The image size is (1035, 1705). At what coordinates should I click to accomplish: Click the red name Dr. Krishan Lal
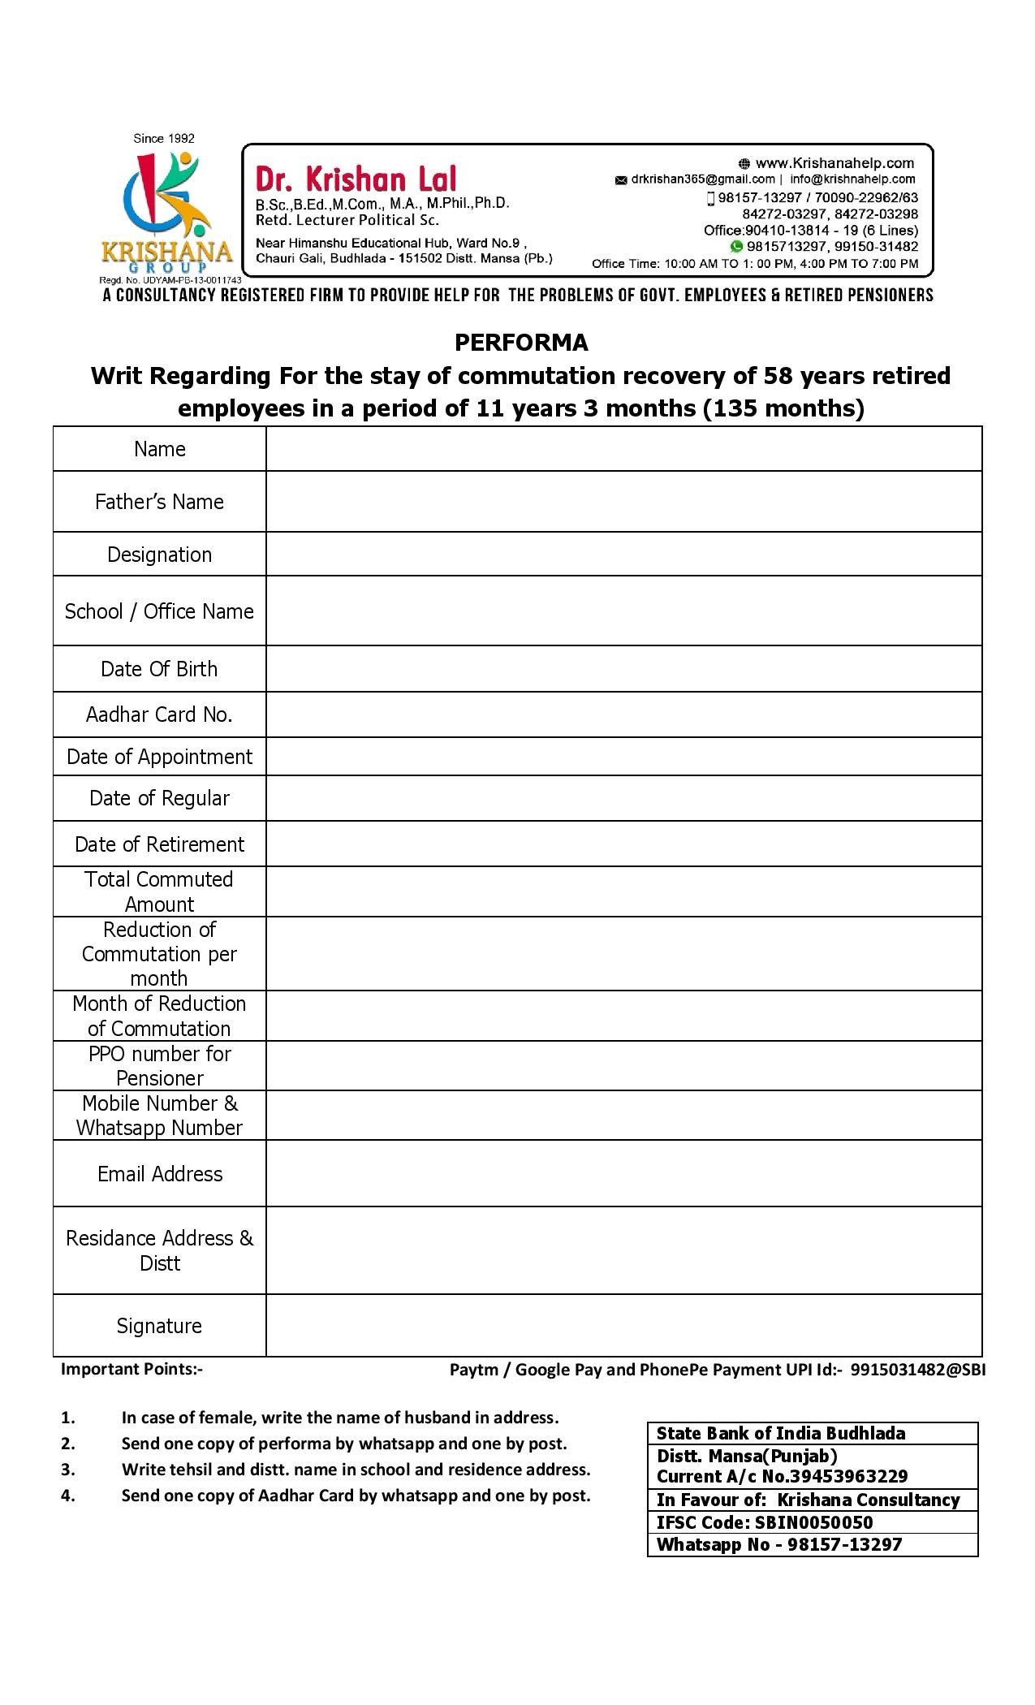click(x=356, y=179)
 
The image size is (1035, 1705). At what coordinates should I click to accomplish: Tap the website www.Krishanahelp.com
click(x=834, y=163)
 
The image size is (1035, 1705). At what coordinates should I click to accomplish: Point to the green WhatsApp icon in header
click(x=736, y=247)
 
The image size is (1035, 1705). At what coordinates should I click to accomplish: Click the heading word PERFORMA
click(x=521, y=343)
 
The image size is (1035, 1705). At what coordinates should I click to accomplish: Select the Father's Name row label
click(x=159, y=502)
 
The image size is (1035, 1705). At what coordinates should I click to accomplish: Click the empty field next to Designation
click(x=623, y=555)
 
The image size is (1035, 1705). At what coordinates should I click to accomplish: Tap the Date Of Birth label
click(x=159, y=669)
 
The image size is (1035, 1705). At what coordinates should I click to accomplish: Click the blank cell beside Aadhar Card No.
click(x=623, y=714)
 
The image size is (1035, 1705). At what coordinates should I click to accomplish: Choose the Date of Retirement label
click(x=159, y=844)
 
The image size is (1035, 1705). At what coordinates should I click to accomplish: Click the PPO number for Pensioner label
click(x=159, y=1065)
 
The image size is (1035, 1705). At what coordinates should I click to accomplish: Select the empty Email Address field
click(x=623, y=1173)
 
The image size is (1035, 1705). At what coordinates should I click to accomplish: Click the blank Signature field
click(x=623, y=1325)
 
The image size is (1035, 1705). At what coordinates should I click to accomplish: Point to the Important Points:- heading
click(x=132, y=1369)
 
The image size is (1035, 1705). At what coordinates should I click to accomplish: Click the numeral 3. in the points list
click(x=68, y=1469)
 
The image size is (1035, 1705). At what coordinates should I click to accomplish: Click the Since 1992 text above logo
click(x=164, y=139)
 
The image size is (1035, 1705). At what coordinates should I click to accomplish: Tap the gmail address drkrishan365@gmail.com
click(x=702, y=179)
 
